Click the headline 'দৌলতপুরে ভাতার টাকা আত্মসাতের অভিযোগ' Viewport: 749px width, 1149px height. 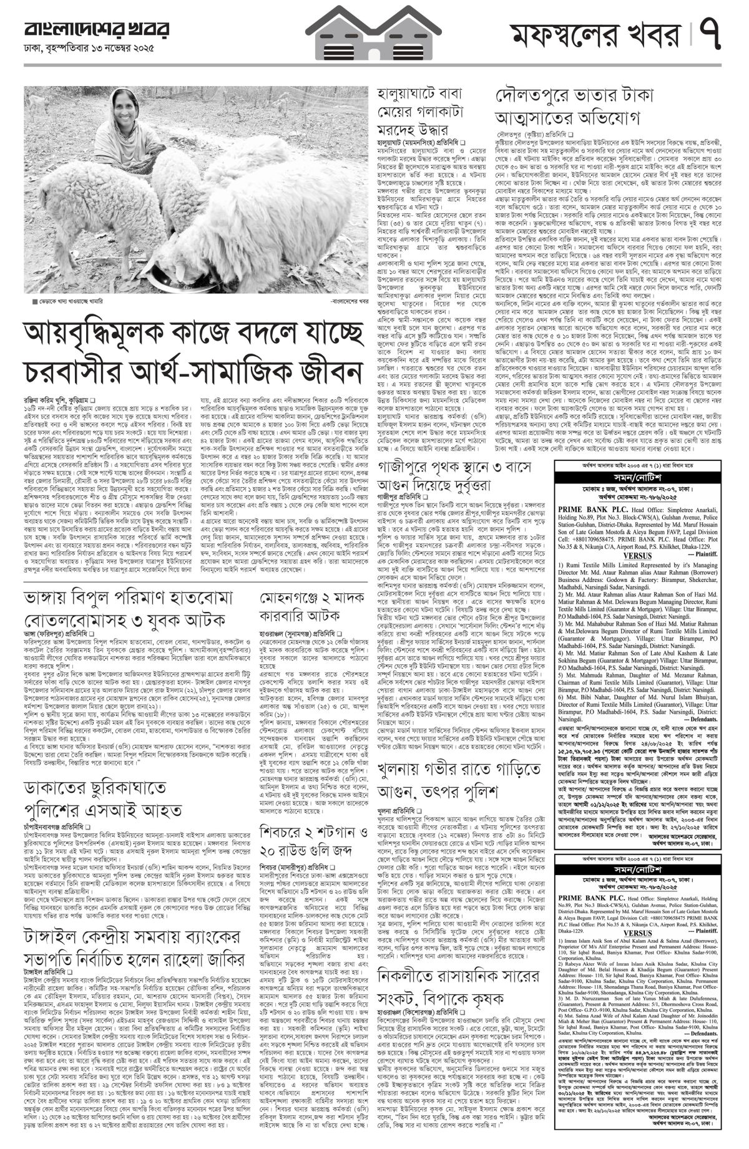point(574,107)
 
